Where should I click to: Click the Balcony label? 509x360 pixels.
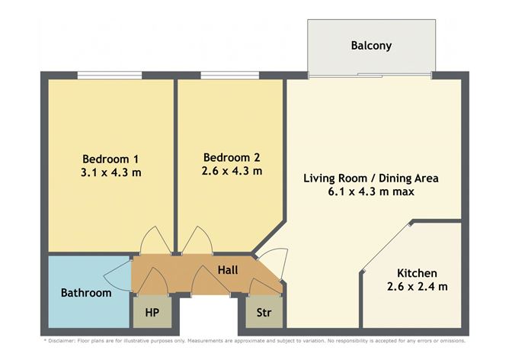tap(371, 46)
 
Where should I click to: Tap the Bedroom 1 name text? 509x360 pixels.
tap(110, 159)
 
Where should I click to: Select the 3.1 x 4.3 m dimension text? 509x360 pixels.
tap(110, 172)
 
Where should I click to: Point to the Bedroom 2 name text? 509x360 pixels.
tap(232, 157)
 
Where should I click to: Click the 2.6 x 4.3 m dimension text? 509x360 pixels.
tap(232, 171)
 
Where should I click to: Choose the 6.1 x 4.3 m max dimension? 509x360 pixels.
tap(371, 191)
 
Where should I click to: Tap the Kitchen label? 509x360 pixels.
tap(417, 273)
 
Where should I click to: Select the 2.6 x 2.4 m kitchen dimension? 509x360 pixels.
tap(417, 287)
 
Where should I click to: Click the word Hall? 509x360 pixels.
tap(228, 270)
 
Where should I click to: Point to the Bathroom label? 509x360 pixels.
tap(86, 293)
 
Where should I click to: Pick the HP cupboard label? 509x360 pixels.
tap(152, 313)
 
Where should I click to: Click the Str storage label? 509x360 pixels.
tap(264, 313)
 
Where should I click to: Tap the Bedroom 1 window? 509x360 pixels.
tap(110, 76)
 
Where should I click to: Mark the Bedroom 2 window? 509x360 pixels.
tap(230, 76)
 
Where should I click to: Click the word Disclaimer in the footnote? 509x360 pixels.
tap(62, 341)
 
